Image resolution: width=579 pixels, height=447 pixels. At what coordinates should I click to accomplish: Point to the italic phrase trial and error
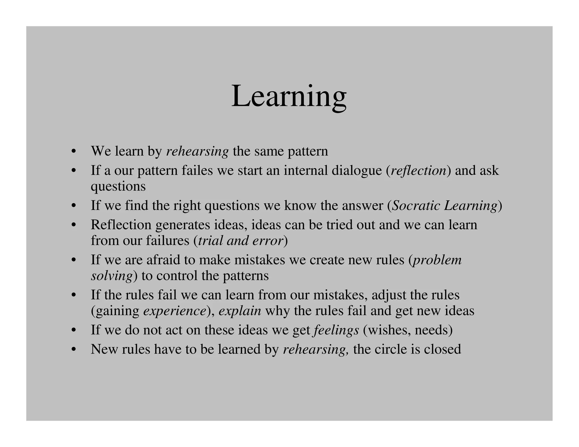(241, 241)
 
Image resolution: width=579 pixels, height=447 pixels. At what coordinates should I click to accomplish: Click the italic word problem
(437, 260)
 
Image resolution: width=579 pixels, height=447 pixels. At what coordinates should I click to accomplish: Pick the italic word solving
(112, 276)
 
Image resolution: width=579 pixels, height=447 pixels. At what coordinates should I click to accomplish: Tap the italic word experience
(174, 311)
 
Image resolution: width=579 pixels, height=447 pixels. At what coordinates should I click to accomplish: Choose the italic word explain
(240, 311)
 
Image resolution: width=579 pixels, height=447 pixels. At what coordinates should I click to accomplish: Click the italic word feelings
(336, 330)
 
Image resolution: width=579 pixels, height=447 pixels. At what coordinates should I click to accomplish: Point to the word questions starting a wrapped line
(118, 186)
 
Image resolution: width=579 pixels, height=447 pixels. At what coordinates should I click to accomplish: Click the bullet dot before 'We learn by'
(74, 151)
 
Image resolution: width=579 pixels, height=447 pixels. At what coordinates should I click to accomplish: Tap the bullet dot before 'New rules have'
(74, 350)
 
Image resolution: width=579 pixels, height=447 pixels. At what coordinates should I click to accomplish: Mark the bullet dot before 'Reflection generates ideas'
(74, 225)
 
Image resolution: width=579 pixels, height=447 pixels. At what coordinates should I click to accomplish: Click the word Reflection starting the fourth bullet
(121, 225)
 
